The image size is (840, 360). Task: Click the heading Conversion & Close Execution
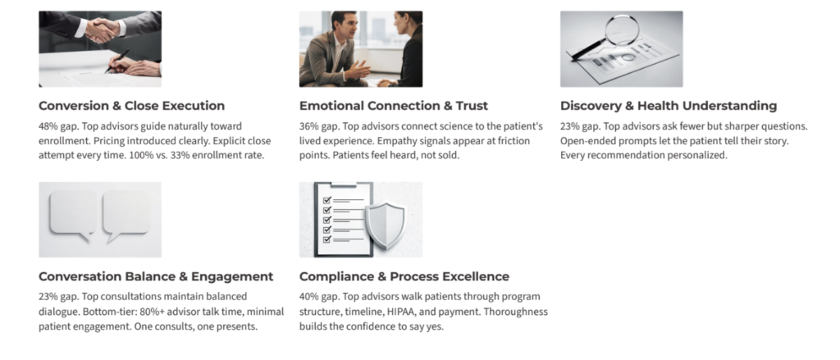click(x=131, y=106)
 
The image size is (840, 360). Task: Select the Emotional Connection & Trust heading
click(x=393, y=106)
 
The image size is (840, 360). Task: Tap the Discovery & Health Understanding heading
click(x=669, y=106)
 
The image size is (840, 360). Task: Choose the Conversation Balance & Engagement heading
click(x=156, y=276)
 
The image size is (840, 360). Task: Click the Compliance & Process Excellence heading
click(x=404, y=276)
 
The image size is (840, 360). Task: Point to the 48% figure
click(x=48, y=126)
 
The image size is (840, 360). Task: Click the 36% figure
click(x=308, y=126)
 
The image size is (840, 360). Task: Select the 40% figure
click(x=308, y=297)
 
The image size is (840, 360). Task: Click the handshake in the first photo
click(x=102, y=30)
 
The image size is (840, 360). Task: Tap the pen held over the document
click(x=117, y=61)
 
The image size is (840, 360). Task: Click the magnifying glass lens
click(x=623, y=30)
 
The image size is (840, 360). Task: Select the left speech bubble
click(x=73, y=215)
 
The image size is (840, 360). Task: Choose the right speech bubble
click(x=126, y=215)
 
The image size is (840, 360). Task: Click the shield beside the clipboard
click(x=386, y=225)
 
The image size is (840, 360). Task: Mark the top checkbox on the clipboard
click(x=327, y=200)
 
